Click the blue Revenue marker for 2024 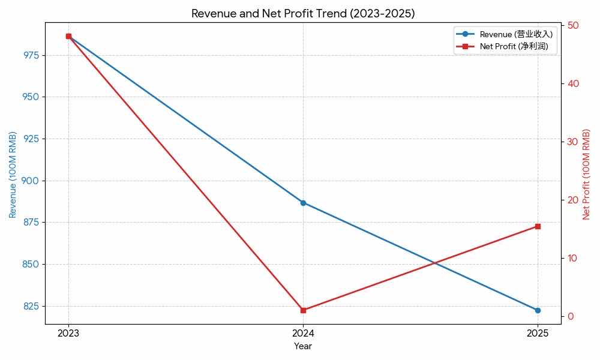tap(303, 203)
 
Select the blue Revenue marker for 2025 tap(538, 310)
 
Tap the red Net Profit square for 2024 tap(303, 310)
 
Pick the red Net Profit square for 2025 tap(538, 226)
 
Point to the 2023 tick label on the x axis tap(68, 333)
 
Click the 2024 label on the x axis tap(303, 333)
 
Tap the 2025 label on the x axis tap(538, 333)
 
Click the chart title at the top tap(303, 13)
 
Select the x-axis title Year tap(303, 346)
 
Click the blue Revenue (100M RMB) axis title tap(13, 174)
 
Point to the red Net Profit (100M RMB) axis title tap(587, 174)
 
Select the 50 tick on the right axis tap(573, 25)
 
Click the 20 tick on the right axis tap(573, 200)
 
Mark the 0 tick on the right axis tap(571, 316)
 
